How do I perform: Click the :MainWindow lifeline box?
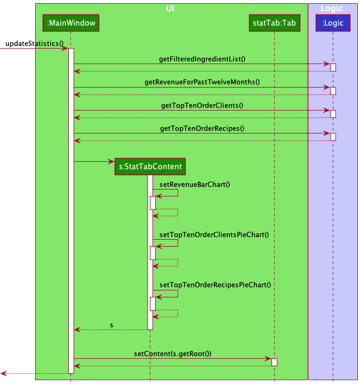[x=70, y=23]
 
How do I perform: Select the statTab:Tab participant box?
[x=275, y=23]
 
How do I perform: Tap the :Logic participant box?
[x=333, y=23]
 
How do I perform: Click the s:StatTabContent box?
[x=150, y=167]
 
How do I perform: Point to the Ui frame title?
[x=170, y=9]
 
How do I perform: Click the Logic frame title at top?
[x=332, y=9]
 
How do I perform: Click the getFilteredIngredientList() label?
[x=202, y=59]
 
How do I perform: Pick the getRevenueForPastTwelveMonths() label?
[x=202, y=82]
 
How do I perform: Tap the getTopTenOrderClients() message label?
[x=202, y=105]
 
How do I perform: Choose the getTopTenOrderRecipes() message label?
[x=202, y=128]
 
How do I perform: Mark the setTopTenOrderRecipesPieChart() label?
[x=215, y=285]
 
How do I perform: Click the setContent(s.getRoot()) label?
[x=172, y=353]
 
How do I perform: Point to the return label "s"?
[x=111, y=325]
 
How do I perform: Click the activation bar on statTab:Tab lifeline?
[x=274, y=362]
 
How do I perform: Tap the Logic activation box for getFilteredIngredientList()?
[x=333, y=67]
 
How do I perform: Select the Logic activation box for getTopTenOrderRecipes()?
[x=333, y=137]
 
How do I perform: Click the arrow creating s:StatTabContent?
[x=94, y=161]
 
